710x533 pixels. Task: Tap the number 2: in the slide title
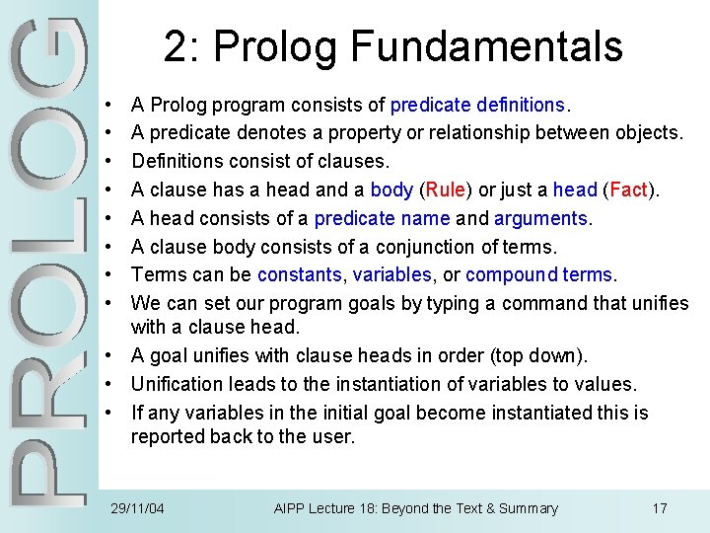click(x=181, y=46)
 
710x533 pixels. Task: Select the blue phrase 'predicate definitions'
click(x=477, y=104)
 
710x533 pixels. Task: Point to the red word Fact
click(x=628, y=190)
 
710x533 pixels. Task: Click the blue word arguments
click(x=539, y=218)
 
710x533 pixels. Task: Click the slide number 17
click(x=660, y=508)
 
